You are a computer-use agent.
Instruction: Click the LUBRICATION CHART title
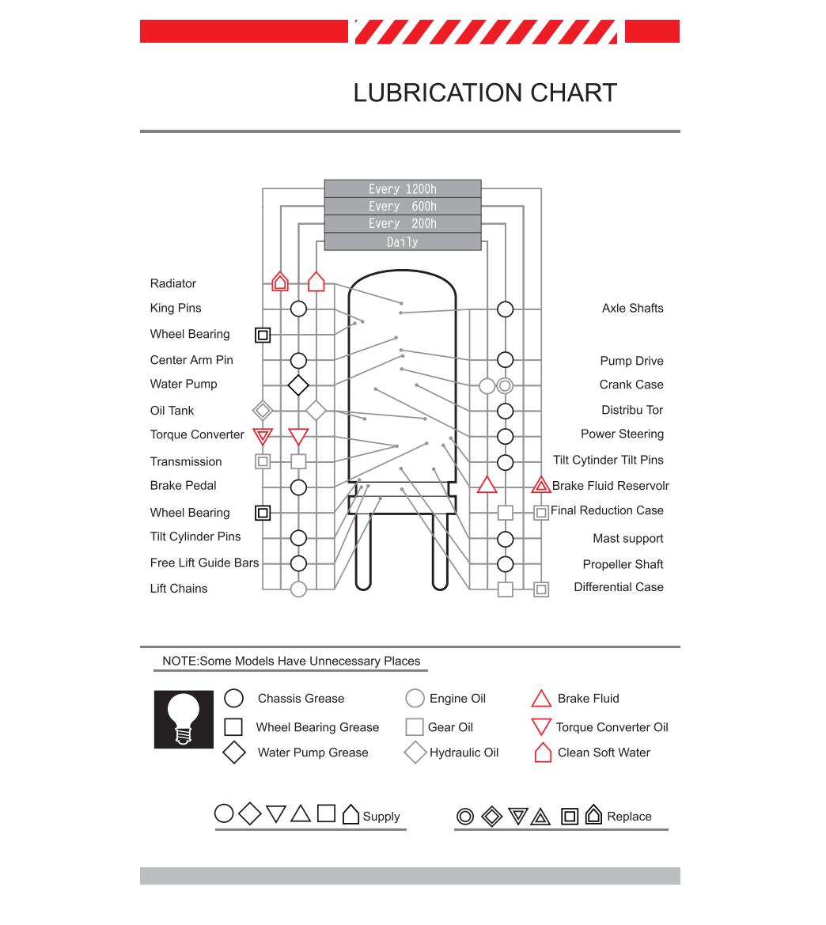pyautogui.click(x=484, y=93)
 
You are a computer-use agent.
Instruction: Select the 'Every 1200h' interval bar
pyautogui.click(x=403, y=189)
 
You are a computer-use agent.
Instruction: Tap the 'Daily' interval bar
pyautogui.click(x=403, y=242)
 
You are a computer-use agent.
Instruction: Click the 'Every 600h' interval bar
pyautogui.click(x=403, y=207)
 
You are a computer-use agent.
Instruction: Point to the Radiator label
pyautogui.click(x=173, y=283)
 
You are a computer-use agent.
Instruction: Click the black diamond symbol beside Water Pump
pyautogui.click(x=298, y=385)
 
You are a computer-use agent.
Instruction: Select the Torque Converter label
pyautogui.click(x=197, y=434)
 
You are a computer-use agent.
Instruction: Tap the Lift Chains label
pyautogui.click(x=179, y=589)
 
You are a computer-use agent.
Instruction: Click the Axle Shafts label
pyautogui.click(x=632, y=308)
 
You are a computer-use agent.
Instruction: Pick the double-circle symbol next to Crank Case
pyautogui.click(x=505, y=386)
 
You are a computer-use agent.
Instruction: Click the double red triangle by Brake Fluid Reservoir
pyautogui.click(x=541, y=485)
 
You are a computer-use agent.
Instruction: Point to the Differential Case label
pyautogui.click(x=618, y=587)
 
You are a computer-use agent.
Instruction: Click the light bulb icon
pyautogui.click(x=184, y=719)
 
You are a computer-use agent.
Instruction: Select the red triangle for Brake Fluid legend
pyautogui.click(x=541, y=699)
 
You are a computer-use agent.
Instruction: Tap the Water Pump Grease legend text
pyautogui.click(x=313, y=753)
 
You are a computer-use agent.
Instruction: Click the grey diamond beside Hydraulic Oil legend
pyautogui.click(x=415, y=753)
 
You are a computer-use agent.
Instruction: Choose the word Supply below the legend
pyautogui.click(x=381, y=817)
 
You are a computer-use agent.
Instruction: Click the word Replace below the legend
pyautogui.click(x=629, y=817)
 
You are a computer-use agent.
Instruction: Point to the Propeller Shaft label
pyautogui.click(x=623, y=564)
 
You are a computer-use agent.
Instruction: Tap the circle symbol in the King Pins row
pyautogui.click(x=298, y=309)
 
